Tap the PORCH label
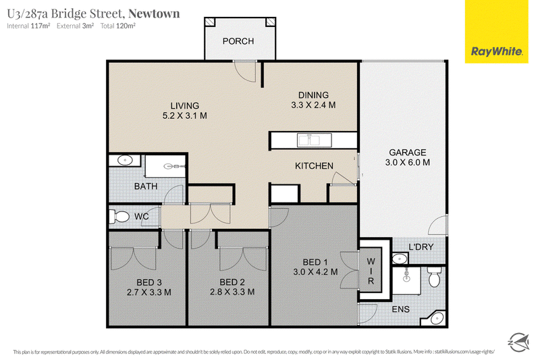(x=238, y=41)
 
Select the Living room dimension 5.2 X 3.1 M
(x=184, y=115)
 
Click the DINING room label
(x=313, y=95)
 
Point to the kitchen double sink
(x=315, y=140)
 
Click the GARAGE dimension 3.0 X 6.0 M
(x=408, y=162)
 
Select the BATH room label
(x=146, y=186)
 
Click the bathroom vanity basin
(x=124, y=160)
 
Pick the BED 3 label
(x=148, y=282)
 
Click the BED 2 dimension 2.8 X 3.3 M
(x=232, y=292)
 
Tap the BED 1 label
(x=315, y=262)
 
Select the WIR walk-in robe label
(x=371, y=271)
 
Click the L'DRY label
(x=421, y=247)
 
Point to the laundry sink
(x=400, y=259)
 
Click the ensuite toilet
(x=435, y=277)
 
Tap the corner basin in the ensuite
(x=435, y=319)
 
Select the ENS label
(x=400, y=309)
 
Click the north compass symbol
(x=518, y=342)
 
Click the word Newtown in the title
(x=154, y=14)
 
